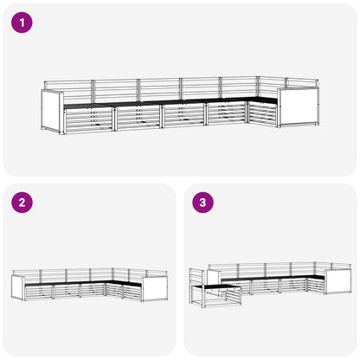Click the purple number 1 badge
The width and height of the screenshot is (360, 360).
(22, 22)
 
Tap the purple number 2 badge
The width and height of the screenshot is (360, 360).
(22, 202)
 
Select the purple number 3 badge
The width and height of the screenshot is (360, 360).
(202, 202)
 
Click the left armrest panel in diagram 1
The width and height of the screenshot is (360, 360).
(52, 112)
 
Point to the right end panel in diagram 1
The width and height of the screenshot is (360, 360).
(299, 107)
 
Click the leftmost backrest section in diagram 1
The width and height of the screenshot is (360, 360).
(68, 92)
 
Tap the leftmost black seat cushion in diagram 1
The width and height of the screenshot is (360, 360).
(87, 106)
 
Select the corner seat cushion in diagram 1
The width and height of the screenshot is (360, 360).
(261, 100)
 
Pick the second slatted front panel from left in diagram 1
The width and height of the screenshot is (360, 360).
(138, 118)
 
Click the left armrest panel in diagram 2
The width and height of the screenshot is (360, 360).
(18, 287)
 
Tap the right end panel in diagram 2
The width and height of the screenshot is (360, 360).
(155, 289)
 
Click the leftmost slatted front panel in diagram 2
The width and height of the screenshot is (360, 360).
(39, 292)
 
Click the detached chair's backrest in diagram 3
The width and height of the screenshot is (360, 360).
(197, 277)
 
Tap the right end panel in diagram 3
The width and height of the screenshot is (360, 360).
(338, 281)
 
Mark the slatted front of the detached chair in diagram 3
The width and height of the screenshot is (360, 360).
(222, 297)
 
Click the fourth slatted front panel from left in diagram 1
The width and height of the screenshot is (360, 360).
(226, 114)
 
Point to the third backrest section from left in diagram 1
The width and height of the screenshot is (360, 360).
(159, 90)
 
